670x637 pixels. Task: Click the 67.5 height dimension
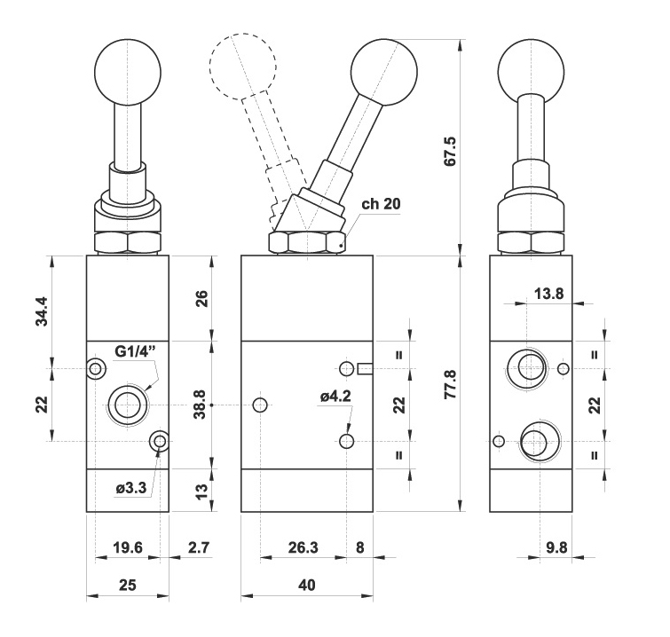(x=450, y=151)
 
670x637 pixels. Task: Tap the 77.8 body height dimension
(x=450, y=384)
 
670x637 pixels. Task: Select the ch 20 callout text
(x=382, y=204)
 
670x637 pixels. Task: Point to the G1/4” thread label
(x=136, y=351)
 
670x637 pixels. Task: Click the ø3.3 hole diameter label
(x=131, y=487)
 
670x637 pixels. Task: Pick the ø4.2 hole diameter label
(x=335, y=396)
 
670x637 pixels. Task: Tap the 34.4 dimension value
(x=43, y=311)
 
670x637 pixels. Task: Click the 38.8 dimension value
(x=200, y=404)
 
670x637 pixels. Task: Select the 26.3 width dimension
(x=303, y=547)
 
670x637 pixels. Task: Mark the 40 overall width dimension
(x=307, y=585)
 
